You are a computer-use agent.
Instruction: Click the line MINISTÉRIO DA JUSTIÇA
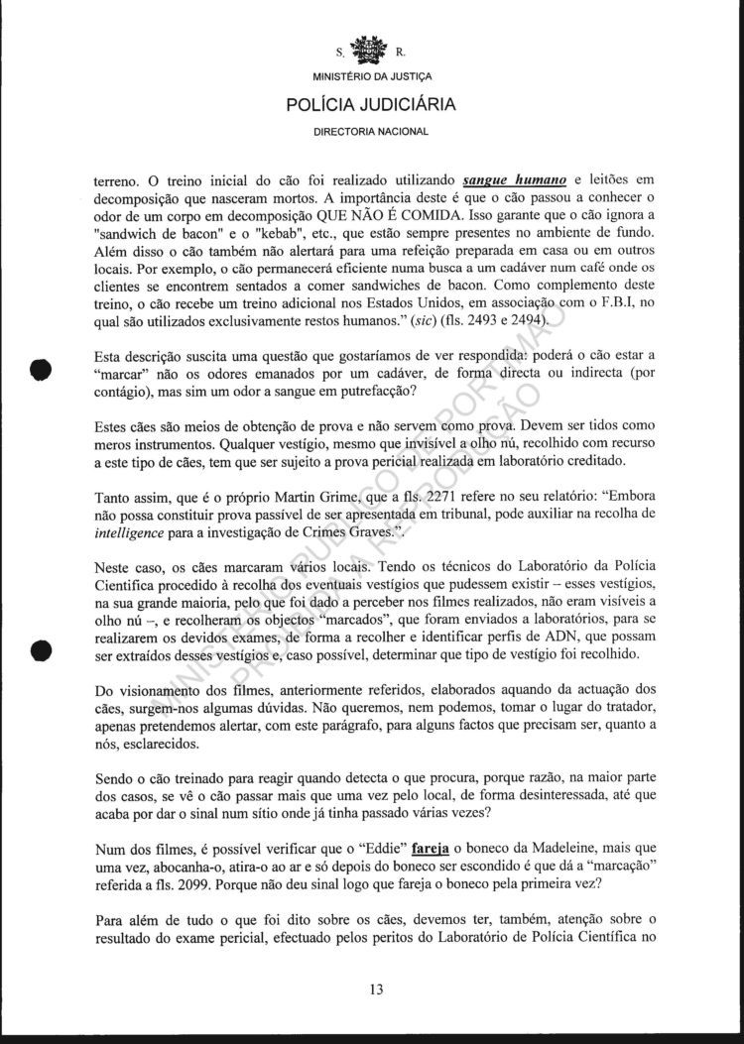[372, 76]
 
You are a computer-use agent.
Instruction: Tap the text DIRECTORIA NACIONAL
[372, 132]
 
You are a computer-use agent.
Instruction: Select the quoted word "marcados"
[343, 615]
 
